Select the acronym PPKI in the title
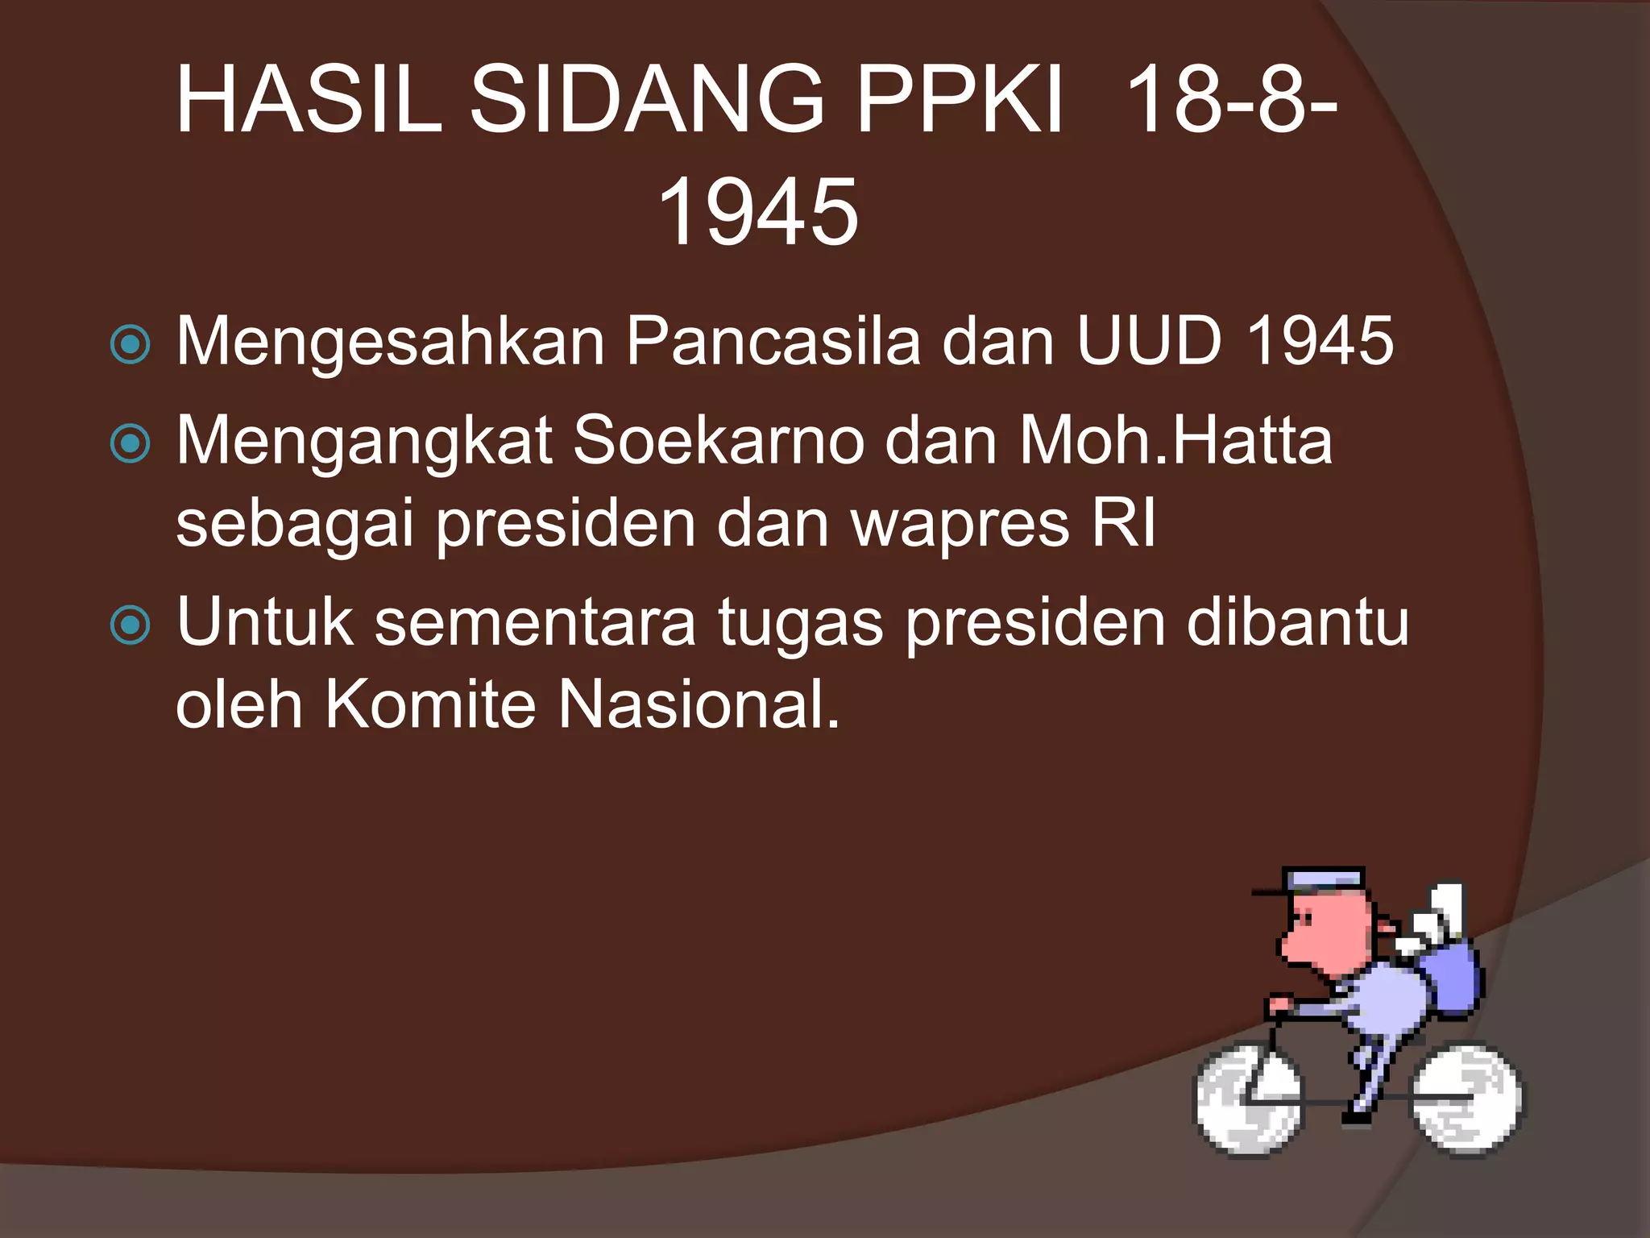959,101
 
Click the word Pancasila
773,341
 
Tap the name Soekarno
719,441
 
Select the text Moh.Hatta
1175,441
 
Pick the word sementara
535,622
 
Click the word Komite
430,704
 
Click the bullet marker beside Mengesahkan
131,345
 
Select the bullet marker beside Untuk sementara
131,625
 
